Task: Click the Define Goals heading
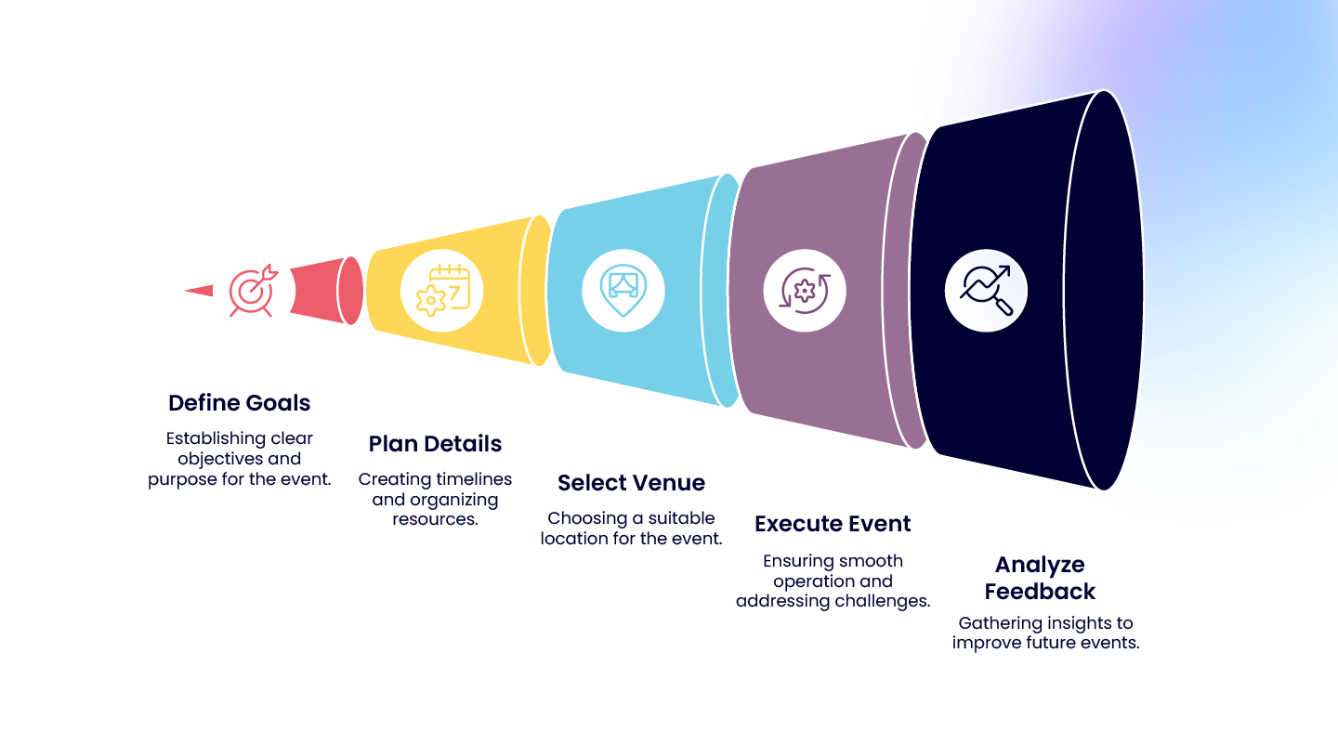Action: (x=239, y=403)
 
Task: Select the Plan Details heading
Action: (x=435, y=444)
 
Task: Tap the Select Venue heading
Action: (x=631, y=483)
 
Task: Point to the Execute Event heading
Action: (x=833, y=524)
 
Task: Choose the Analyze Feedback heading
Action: (x=1040, y=578)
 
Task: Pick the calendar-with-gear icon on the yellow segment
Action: (x=442, y=291)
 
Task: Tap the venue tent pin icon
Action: (x=623, y=290)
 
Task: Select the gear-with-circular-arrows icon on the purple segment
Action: (x=805, y=291)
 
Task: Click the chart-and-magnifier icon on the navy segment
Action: (x=986, y=291)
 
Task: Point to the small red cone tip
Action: (x=198, y=291)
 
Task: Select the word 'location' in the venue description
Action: (x=573, y=539)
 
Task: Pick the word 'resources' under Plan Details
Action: (x=435, y=519)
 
